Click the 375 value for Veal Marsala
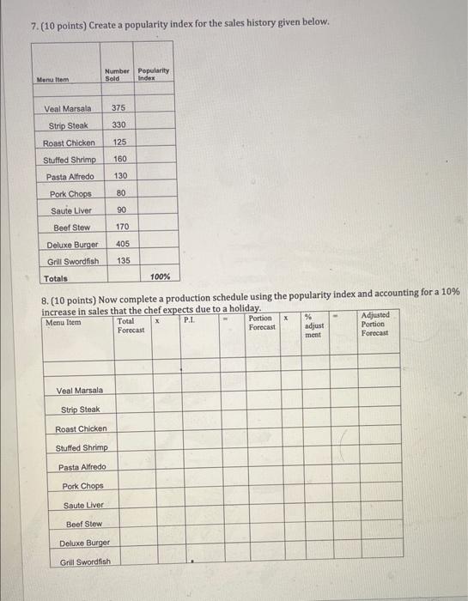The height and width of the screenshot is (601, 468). tap(119, 108)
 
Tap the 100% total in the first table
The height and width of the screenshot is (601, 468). tap(160, 277)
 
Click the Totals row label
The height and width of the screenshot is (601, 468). tap(56, 278)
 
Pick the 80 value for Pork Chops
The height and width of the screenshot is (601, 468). tap(119, 193)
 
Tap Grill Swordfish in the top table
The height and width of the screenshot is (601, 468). tap(73, 261)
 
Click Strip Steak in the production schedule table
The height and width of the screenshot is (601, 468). tap(80, 410)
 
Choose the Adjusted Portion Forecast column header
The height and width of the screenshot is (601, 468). tap(374, 324)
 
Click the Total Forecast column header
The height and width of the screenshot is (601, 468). tap(130, 325)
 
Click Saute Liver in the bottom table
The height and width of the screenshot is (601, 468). tap(82, 505)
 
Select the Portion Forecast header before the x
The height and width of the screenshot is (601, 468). tap(262, 324)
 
